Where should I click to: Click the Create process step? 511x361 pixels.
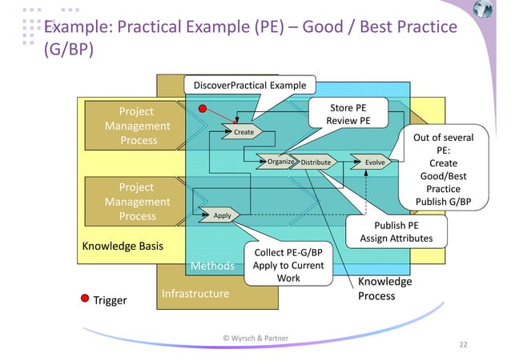coord(243,131)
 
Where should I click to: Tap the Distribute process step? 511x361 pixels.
coord(316,162)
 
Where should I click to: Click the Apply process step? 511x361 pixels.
coord(222,215)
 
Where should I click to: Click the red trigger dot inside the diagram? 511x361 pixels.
coord(203,108)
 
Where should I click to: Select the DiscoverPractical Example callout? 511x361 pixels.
coord(249,84)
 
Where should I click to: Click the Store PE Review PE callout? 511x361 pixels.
coord(348,114)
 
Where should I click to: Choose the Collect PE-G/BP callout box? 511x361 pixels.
coord(288,264)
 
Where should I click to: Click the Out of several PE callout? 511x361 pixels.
coord(443,168)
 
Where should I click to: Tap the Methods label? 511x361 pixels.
coord(211,266)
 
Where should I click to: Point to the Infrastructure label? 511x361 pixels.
coord(195,295)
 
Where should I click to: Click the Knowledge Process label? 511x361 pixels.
coord(384,289)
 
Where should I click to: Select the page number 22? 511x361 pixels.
coord(462,344)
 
